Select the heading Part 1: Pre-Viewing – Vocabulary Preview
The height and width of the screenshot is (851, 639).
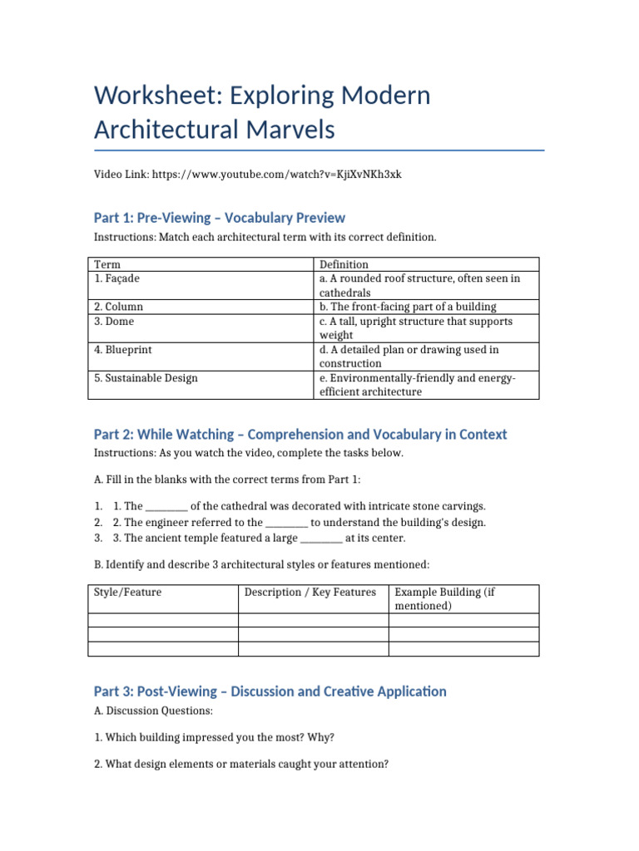[219, 218]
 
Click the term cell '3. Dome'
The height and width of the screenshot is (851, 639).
[114, 321]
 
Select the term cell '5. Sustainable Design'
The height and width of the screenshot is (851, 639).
[146, 378]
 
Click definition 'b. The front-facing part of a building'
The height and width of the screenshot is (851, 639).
[408, 307]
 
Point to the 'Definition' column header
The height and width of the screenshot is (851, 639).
[344, 265]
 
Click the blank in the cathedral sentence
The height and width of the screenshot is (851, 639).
[166, 506]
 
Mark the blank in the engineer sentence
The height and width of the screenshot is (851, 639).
[287, 522]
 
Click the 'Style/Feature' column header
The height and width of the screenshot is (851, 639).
[127, 593]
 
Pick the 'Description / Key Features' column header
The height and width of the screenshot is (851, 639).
[310, 593]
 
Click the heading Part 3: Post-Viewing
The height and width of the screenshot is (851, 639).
[270, 691]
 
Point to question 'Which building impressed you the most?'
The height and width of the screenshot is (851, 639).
[220, 737]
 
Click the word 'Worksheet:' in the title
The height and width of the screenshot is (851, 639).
[162, 96]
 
